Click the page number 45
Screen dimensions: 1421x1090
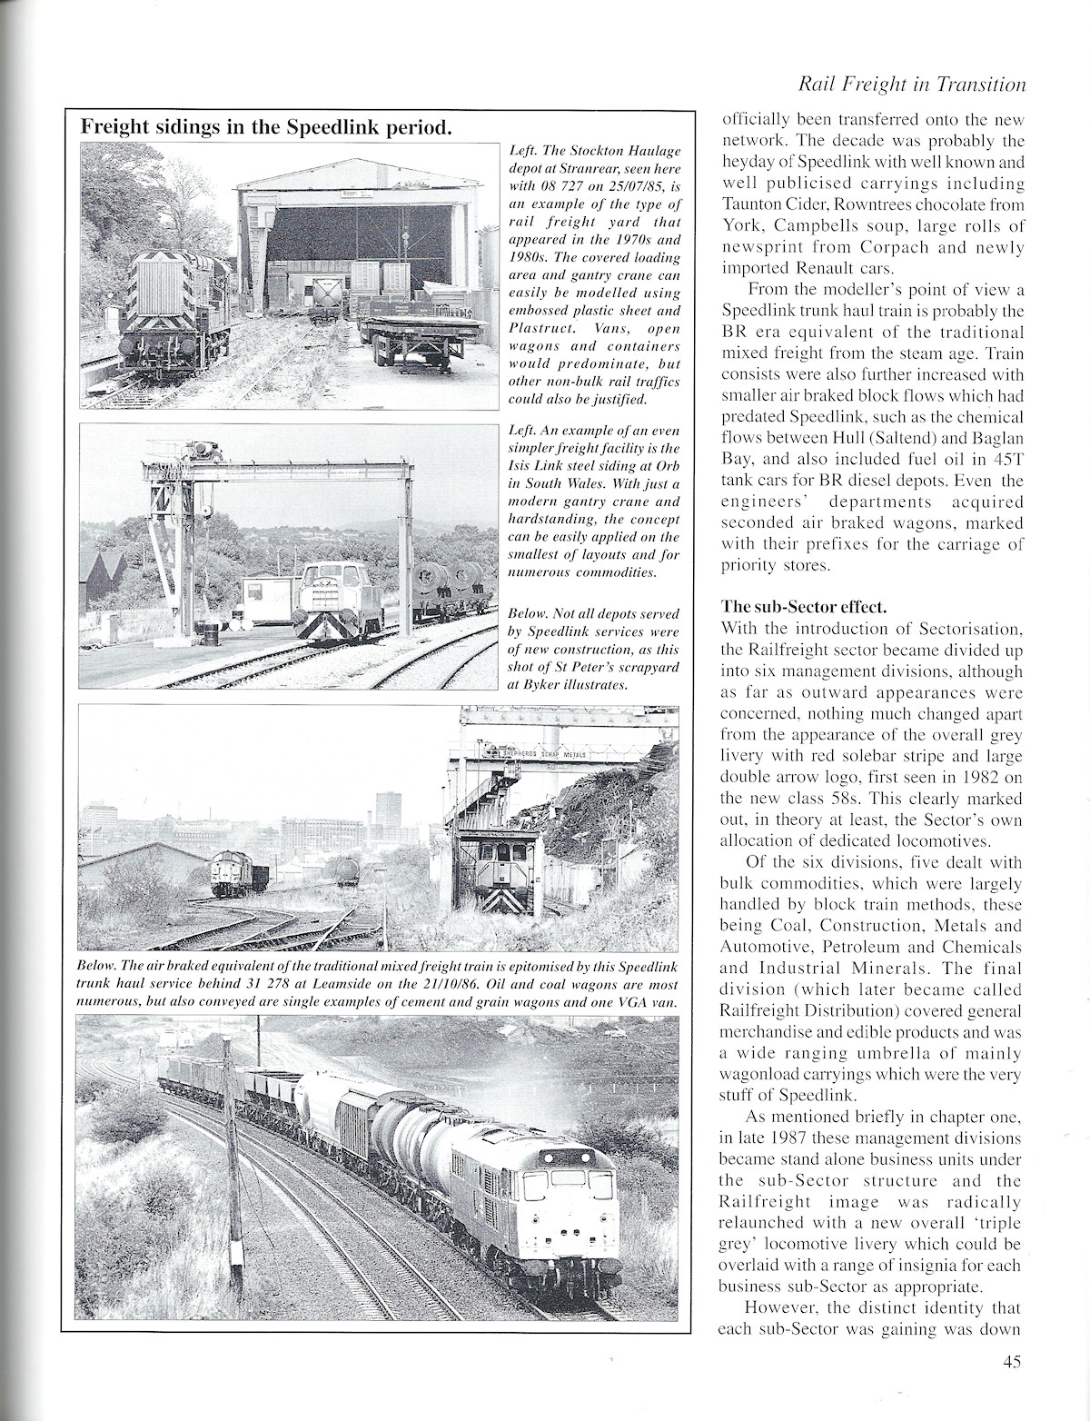click(x=1014, y=1360)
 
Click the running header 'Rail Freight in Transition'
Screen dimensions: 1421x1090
click(x=910, y=84)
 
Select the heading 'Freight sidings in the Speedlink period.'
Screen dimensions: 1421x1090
click(x=265, y=126)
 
